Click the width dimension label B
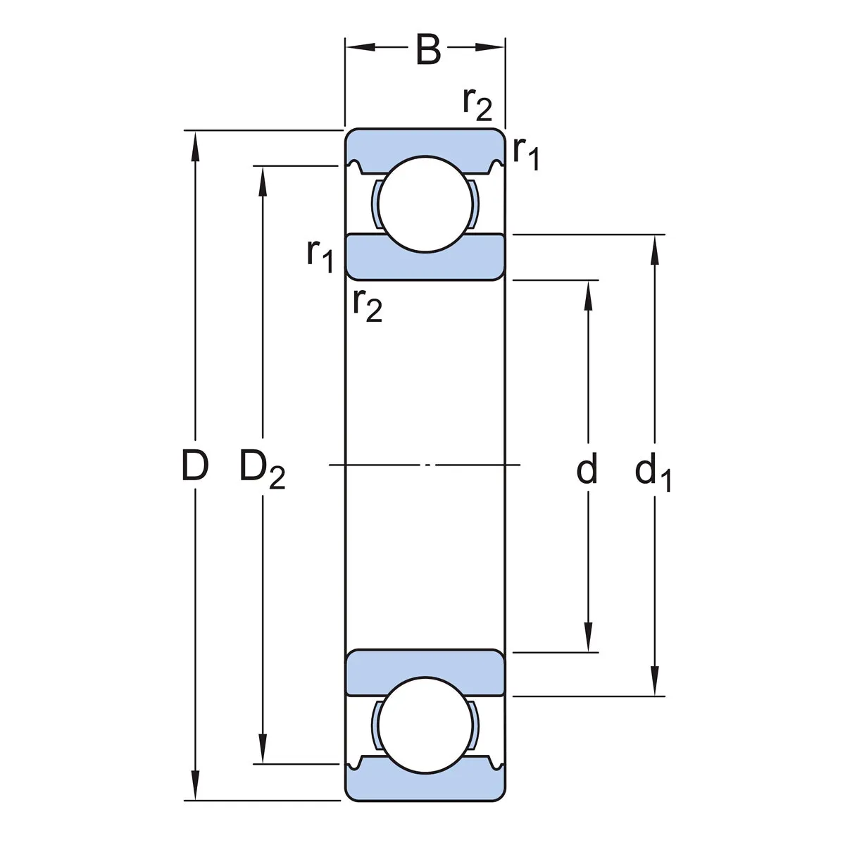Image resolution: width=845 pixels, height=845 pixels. tap(428, 49)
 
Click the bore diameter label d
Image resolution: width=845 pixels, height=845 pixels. tap(587, 469)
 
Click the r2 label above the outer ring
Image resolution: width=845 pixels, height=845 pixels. tap(477, 104)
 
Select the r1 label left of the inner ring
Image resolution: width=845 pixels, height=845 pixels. tap(320, 254)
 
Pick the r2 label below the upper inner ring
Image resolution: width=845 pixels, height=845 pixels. tap(368, 305)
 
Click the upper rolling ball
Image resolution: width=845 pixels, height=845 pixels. tap(425, 203)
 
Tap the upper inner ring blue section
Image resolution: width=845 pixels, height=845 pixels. tap(425, 257)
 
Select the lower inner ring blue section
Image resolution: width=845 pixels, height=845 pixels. tap(425, 672)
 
